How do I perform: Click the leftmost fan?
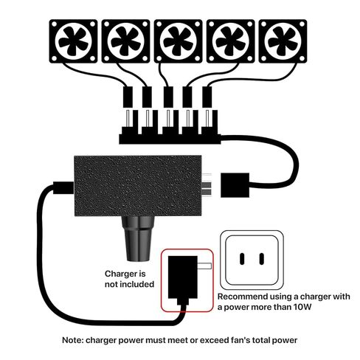(x=73, y=41)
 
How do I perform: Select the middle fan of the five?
(x=178, y=41)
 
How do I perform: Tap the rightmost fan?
(x=283, y=41)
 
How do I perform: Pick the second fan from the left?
(x=125, y=41)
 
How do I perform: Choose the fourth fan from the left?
(x=231, y=41)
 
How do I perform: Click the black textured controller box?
(x=138, y=186)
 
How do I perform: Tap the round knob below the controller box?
(x=138, y=238)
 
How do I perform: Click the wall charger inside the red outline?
(x=183, y=279)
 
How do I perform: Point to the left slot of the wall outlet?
(x=242, y=259)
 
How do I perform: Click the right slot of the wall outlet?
(x=262, y=259)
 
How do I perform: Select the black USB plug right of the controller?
(x=235, y=185)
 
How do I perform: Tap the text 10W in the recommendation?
(x=302, y=307)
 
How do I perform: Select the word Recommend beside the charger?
(x=243, y=297)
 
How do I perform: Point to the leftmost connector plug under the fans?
(x=128, y=97)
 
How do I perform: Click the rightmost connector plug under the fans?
(x=207, y=97)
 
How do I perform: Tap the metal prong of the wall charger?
(x=204, y=266)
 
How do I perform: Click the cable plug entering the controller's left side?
(x=63, y=187)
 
